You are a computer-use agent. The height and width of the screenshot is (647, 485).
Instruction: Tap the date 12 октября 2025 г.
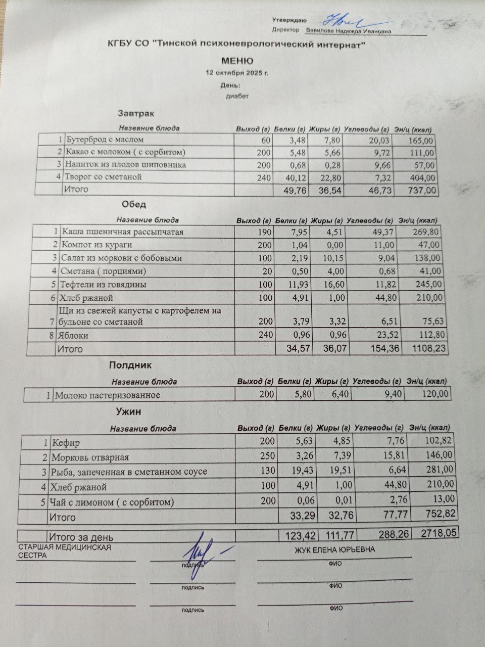pos(237,73)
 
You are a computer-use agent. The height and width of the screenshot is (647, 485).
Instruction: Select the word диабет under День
pos(237,96)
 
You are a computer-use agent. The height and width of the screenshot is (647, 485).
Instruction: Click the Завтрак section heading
pos(136,114)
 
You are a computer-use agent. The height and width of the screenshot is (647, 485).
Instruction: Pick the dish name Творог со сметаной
pos(103,177)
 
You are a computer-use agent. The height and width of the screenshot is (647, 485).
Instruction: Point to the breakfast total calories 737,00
pos(420,190)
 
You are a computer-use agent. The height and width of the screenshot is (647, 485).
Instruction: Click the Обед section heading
pos(134,205)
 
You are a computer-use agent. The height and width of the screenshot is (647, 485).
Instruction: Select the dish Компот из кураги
pos(96,245)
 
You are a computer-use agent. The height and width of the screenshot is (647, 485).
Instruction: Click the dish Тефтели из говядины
pos(104,284)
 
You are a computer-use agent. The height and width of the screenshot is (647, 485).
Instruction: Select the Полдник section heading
pos(130,365)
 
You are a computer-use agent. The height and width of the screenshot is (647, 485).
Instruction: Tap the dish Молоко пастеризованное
pos(107,395)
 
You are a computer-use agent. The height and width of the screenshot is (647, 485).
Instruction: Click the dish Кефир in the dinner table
pos(66,443)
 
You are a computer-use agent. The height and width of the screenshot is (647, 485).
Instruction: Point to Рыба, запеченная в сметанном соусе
pos(129,472)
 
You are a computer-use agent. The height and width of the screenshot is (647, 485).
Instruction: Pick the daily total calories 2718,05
pos(436,533)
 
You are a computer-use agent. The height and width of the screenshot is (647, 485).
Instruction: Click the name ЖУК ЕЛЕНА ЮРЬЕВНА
pos(334,550)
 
